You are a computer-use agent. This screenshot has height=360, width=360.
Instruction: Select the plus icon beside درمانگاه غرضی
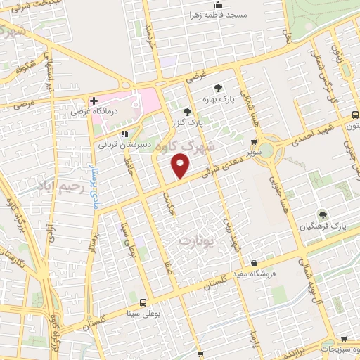(94, 101)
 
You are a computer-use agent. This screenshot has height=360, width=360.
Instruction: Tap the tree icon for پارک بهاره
(219, 89)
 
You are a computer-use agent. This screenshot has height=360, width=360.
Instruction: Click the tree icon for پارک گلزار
(186, 112)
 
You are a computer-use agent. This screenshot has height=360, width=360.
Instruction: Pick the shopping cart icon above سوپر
(254, 141)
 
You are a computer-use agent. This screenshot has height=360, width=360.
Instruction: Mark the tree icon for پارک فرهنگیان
(323, 215)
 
